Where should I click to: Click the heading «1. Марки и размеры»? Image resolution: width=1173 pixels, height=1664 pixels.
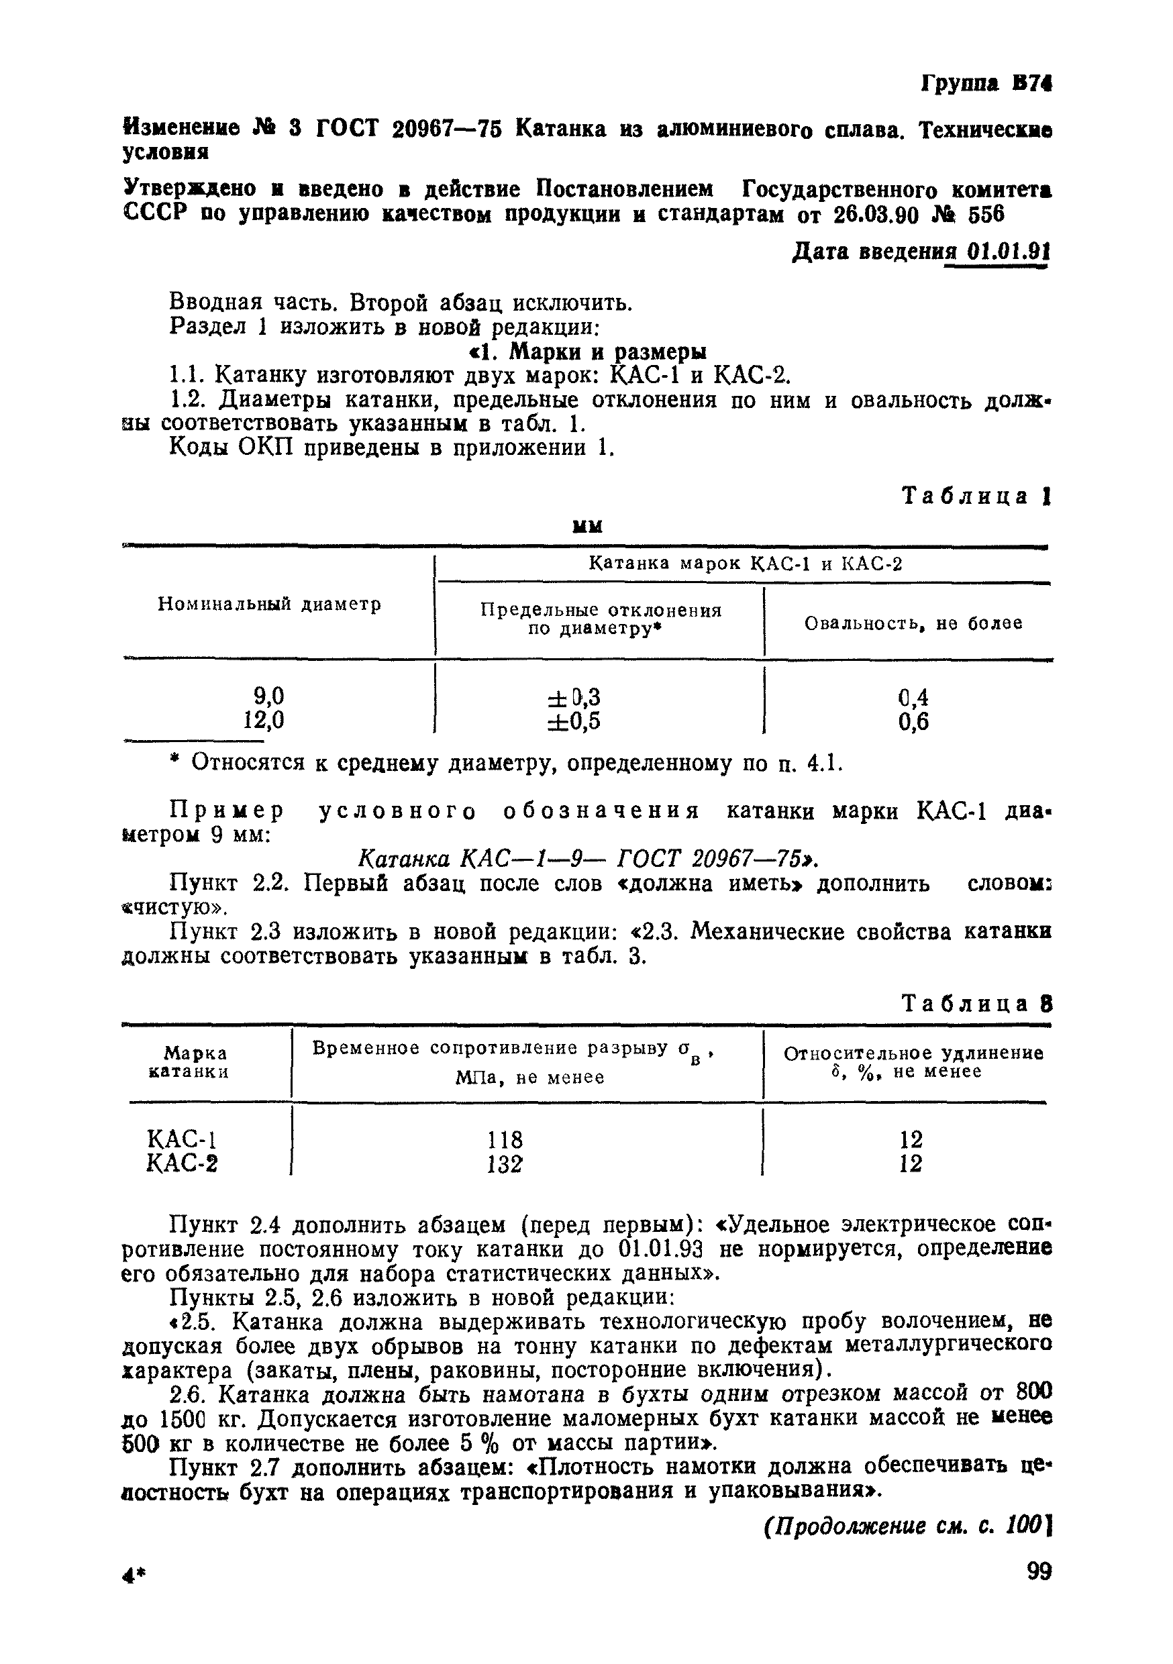(x=586, y=352)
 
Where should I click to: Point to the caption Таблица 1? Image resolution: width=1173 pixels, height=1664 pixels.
(x=975, y=497)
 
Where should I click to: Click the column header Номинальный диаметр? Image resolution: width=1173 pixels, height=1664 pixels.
(x=270, y=605)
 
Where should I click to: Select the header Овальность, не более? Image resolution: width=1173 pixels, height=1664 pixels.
(x=913, y=623)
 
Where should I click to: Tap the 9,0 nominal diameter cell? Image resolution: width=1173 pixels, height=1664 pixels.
(x=268, y=696)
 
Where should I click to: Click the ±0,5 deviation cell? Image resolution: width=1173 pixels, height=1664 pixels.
(x=574, y=721)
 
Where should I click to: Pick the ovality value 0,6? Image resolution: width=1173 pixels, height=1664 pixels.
(x=913, y=722)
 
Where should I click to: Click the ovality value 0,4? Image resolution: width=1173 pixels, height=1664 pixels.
(x=913, y=697)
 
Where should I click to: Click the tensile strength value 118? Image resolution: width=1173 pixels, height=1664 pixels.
(x=505, y=1140)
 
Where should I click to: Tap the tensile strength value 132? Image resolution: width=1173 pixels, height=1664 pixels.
(x=505, y=1165)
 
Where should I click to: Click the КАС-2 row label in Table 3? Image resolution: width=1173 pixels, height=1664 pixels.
(x=182, y=1165)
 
